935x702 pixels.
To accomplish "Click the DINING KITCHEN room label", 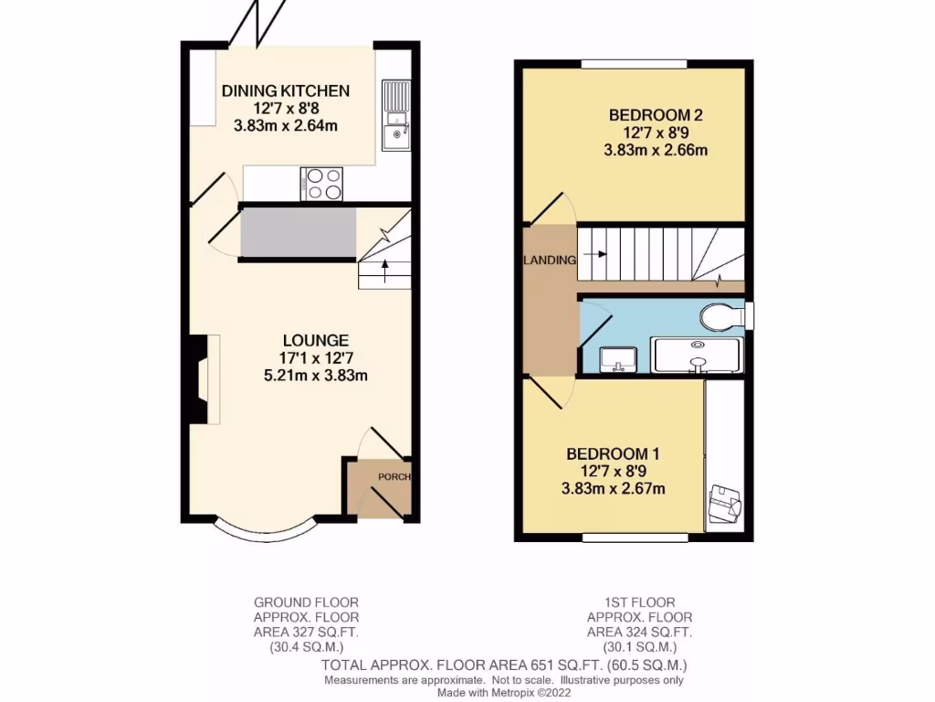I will tap(286, 90).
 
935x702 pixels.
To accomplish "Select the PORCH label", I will tap(394, 477).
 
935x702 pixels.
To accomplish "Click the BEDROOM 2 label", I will tap(656, 115).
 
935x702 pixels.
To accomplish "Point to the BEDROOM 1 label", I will tap(613, 453).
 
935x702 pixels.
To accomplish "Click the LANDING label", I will tap(550, 261).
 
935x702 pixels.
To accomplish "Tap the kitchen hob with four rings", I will tap(321, 183).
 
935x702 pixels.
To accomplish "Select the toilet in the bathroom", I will tap(722, 317).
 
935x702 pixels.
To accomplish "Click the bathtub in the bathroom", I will tap(697, 355).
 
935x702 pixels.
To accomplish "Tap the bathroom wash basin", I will tap(618, 359).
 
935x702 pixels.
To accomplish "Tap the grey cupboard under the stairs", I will tap(297, 233).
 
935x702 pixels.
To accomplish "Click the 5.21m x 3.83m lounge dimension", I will tap(315, 375).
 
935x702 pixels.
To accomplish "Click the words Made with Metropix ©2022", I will tap(504, 694).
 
